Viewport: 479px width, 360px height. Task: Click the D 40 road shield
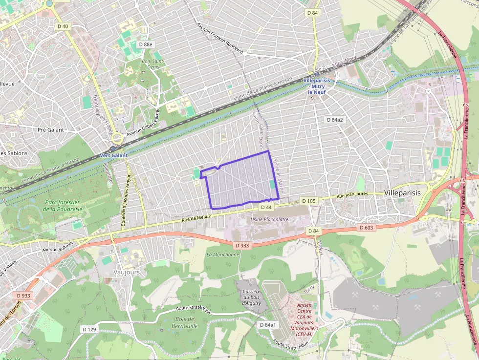(x=63, y=26)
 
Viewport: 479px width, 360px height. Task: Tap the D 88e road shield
(x=146, y=44)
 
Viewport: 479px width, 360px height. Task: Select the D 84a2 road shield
(x=335, y=120)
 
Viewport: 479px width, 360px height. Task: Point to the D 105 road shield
(x=309, y=201)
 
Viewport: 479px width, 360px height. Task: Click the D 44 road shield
(x=266, y=207)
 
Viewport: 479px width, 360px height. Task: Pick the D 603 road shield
(x=367, y=228)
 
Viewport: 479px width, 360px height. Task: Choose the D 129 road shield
(x=89, y=330)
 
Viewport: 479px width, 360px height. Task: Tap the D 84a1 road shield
(x=268, y=325)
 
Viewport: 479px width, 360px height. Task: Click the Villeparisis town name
(x=402, y=193)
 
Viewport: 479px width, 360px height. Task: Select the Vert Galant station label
(x=113, y=155)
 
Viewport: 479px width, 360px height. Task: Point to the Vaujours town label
(x=127, y=272)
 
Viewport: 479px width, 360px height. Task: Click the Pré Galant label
(x=51, y=130)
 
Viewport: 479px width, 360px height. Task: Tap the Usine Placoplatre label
(x=269, y=220)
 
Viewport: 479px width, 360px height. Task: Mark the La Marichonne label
(x=223, y=254)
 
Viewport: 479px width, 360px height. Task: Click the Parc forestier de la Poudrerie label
(x=64, y=206)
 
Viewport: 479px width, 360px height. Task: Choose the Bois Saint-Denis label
(x=152, y=64)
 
